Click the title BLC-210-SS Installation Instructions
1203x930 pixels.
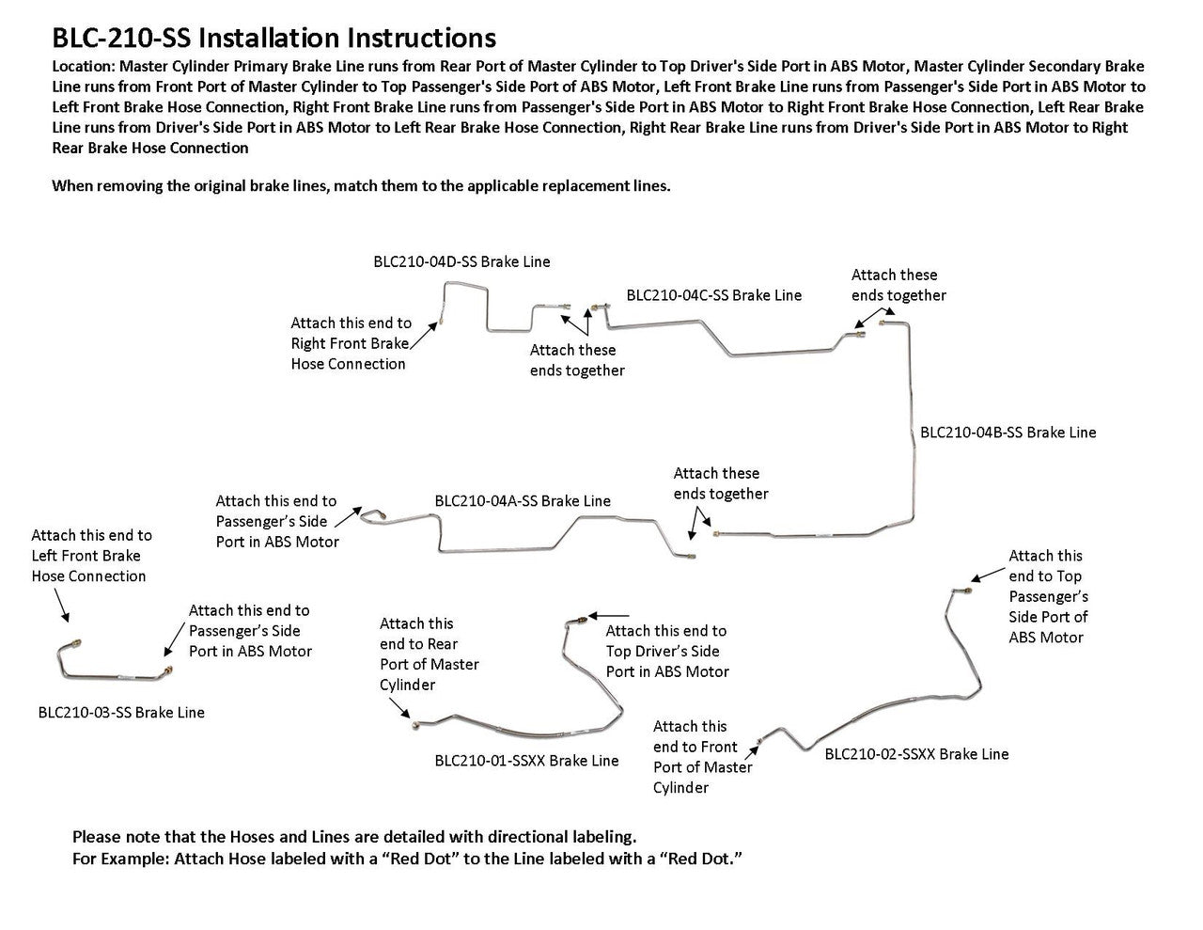pyautogui.click(x=273, y=38)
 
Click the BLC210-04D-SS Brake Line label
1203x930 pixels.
pyautogui.click(x=461, y=261)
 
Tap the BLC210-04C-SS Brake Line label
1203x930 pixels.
pyautogui.click(x=713, y=295)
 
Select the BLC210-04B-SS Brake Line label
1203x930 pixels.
pyautogui.click(x=1008, y=433)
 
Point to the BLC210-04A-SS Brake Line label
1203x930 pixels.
pyautogui.click(x=523, y=501)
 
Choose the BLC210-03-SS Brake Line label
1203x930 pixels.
pyautogui.click(x=121, y=712)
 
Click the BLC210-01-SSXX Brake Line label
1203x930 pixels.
pyautogui.click(x=526, y=760)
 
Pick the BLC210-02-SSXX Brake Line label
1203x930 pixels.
pyautogui.click(x=916, y=753)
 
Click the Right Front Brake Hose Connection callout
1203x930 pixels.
pyautogui.click(x=350, y=343)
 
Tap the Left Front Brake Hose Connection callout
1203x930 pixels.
pyautogui.click(x=91, y=556)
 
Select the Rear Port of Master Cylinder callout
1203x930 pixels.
pyautogui.click(x=429, y=654)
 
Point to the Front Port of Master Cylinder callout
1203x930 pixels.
pyautogui.click(x=702, y=757)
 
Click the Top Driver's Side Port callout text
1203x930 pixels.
pyautogui.click(x=666, y=651)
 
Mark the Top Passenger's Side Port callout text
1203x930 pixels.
pyautogui.click(x=1048, y=596)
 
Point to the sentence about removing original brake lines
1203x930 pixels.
pyautogui.click(x=361, y=185)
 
